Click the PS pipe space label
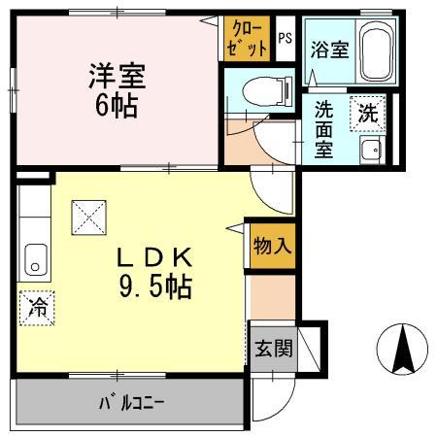coord(285,39)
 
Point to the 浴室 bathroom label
coord(328,49)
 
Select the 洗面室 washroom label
coord(323,130)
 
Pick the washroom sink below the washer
coord(369,150)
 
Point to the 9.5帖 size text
coord(155,288)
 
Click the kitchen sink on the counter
coord(34,261)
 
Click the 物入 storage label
coord(271,245)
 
